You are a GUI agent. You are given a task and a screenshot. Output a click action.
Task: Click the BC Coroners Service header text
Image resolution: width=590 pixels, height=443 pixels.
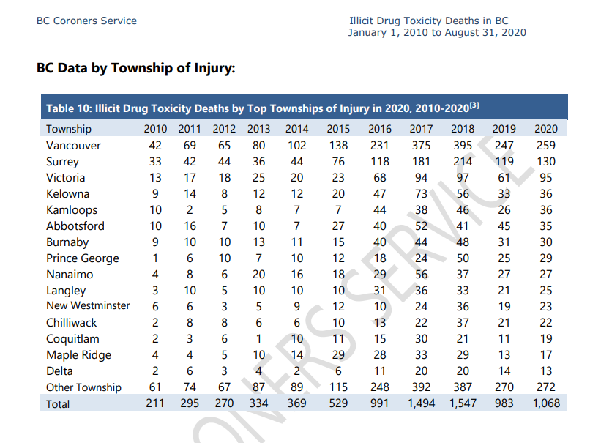[86, 21]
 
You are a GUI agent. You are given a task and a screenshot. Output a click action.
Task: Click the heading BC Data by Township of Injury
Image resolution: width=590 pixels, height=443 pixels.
[135, 69]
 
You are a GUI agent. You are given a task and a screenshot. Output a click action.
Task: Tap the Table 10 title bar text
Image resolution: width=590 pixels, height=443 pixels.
[256, 108]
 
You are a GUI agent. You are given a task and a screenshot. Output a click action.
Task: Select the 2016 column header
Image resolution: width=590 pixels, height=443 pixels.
[379, 129]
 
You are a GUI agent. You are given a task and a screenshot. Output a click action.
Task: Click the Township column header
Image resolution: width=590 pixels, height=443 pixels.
[69, 129]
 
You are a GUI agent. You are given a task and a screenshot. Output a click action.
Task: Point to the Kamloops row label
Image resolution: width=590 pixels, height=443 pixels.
[72, 209]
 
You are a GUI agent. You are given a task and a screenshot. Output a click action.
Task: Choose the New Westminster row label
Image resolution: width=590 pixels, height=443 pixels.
[88, 305]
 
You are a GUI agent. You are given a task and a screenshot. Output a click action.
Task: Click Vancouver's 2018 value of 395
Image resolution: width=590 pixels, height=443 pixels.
[463, 145]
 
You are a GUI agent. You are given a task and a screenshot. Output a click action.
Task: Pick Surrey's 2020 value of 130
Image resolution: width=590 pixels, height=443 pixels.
[545, 161]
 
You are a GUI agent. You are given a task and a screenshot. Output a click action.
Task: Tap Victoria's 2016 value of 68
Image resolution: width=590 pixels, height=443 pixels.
[379, 177]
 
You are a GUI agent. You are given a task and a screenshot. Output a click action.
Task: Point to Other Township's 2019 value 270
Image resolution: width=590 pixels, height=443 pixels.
[504, 387]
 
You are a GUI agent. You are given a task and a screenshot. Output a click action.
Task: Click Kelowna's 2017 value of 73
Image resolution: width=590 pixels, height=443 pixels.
[421, 193]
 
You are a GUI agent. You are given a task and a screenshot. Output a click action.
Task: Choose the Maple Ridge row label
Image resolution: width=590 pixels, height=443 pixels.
[78, 354]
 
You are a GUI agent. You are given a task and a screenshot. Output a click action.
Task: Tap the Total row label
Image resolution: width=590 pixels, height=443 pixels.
[58, 403]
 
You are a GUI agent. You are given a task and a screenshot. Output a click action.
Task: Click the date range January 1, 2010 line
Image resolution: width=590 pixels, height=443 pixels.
[437, 32]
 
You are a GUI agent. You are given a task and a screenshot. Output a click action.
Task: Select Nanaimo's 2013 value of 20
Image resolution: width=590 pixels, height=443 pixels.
[258, 274]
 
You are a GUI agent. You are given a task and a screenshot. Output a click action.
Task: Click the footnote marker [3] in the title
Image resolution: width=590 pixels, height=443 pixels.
[474, 105]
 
